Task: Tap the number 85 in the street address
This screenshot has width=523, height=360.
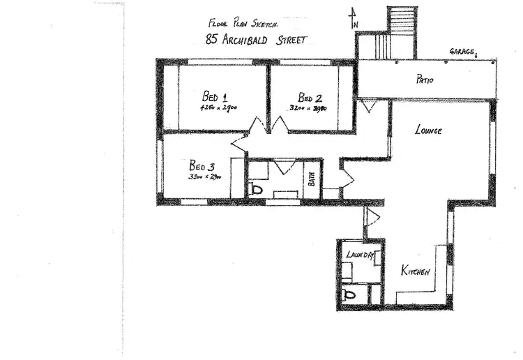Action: (x=213, y=40)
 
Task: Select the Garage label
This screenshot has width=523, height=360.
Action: (x=463, y=52)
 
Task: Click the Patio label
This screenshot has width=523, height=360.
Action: (x=425, y=80)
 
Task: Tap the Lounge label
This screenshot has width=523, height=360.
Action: (x=428, y=130)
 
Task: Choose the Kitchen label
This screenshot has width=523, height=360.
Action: (x=415, y=271)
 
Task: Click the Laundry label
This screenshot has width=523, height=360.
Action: (x=361, y=255)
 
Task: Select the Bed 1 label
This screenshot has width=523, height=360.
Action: (x=215, y=96)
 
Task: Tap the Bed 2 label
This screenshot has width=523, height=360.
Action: (x=310, y=97)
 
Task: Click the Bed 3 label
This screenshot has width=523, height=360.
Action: (x=202, y=166)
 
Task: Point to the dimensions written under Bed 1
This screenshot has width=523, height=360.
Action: (x=219, y=108)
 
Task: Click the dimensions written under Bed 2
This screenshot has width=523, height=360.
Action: (x=308, y=108)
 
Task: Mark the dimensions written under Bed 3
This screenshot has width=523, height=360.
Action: (x=204, y=177)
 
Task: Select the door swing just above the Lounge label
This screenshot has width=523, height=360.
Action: (x=369, y=107)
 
